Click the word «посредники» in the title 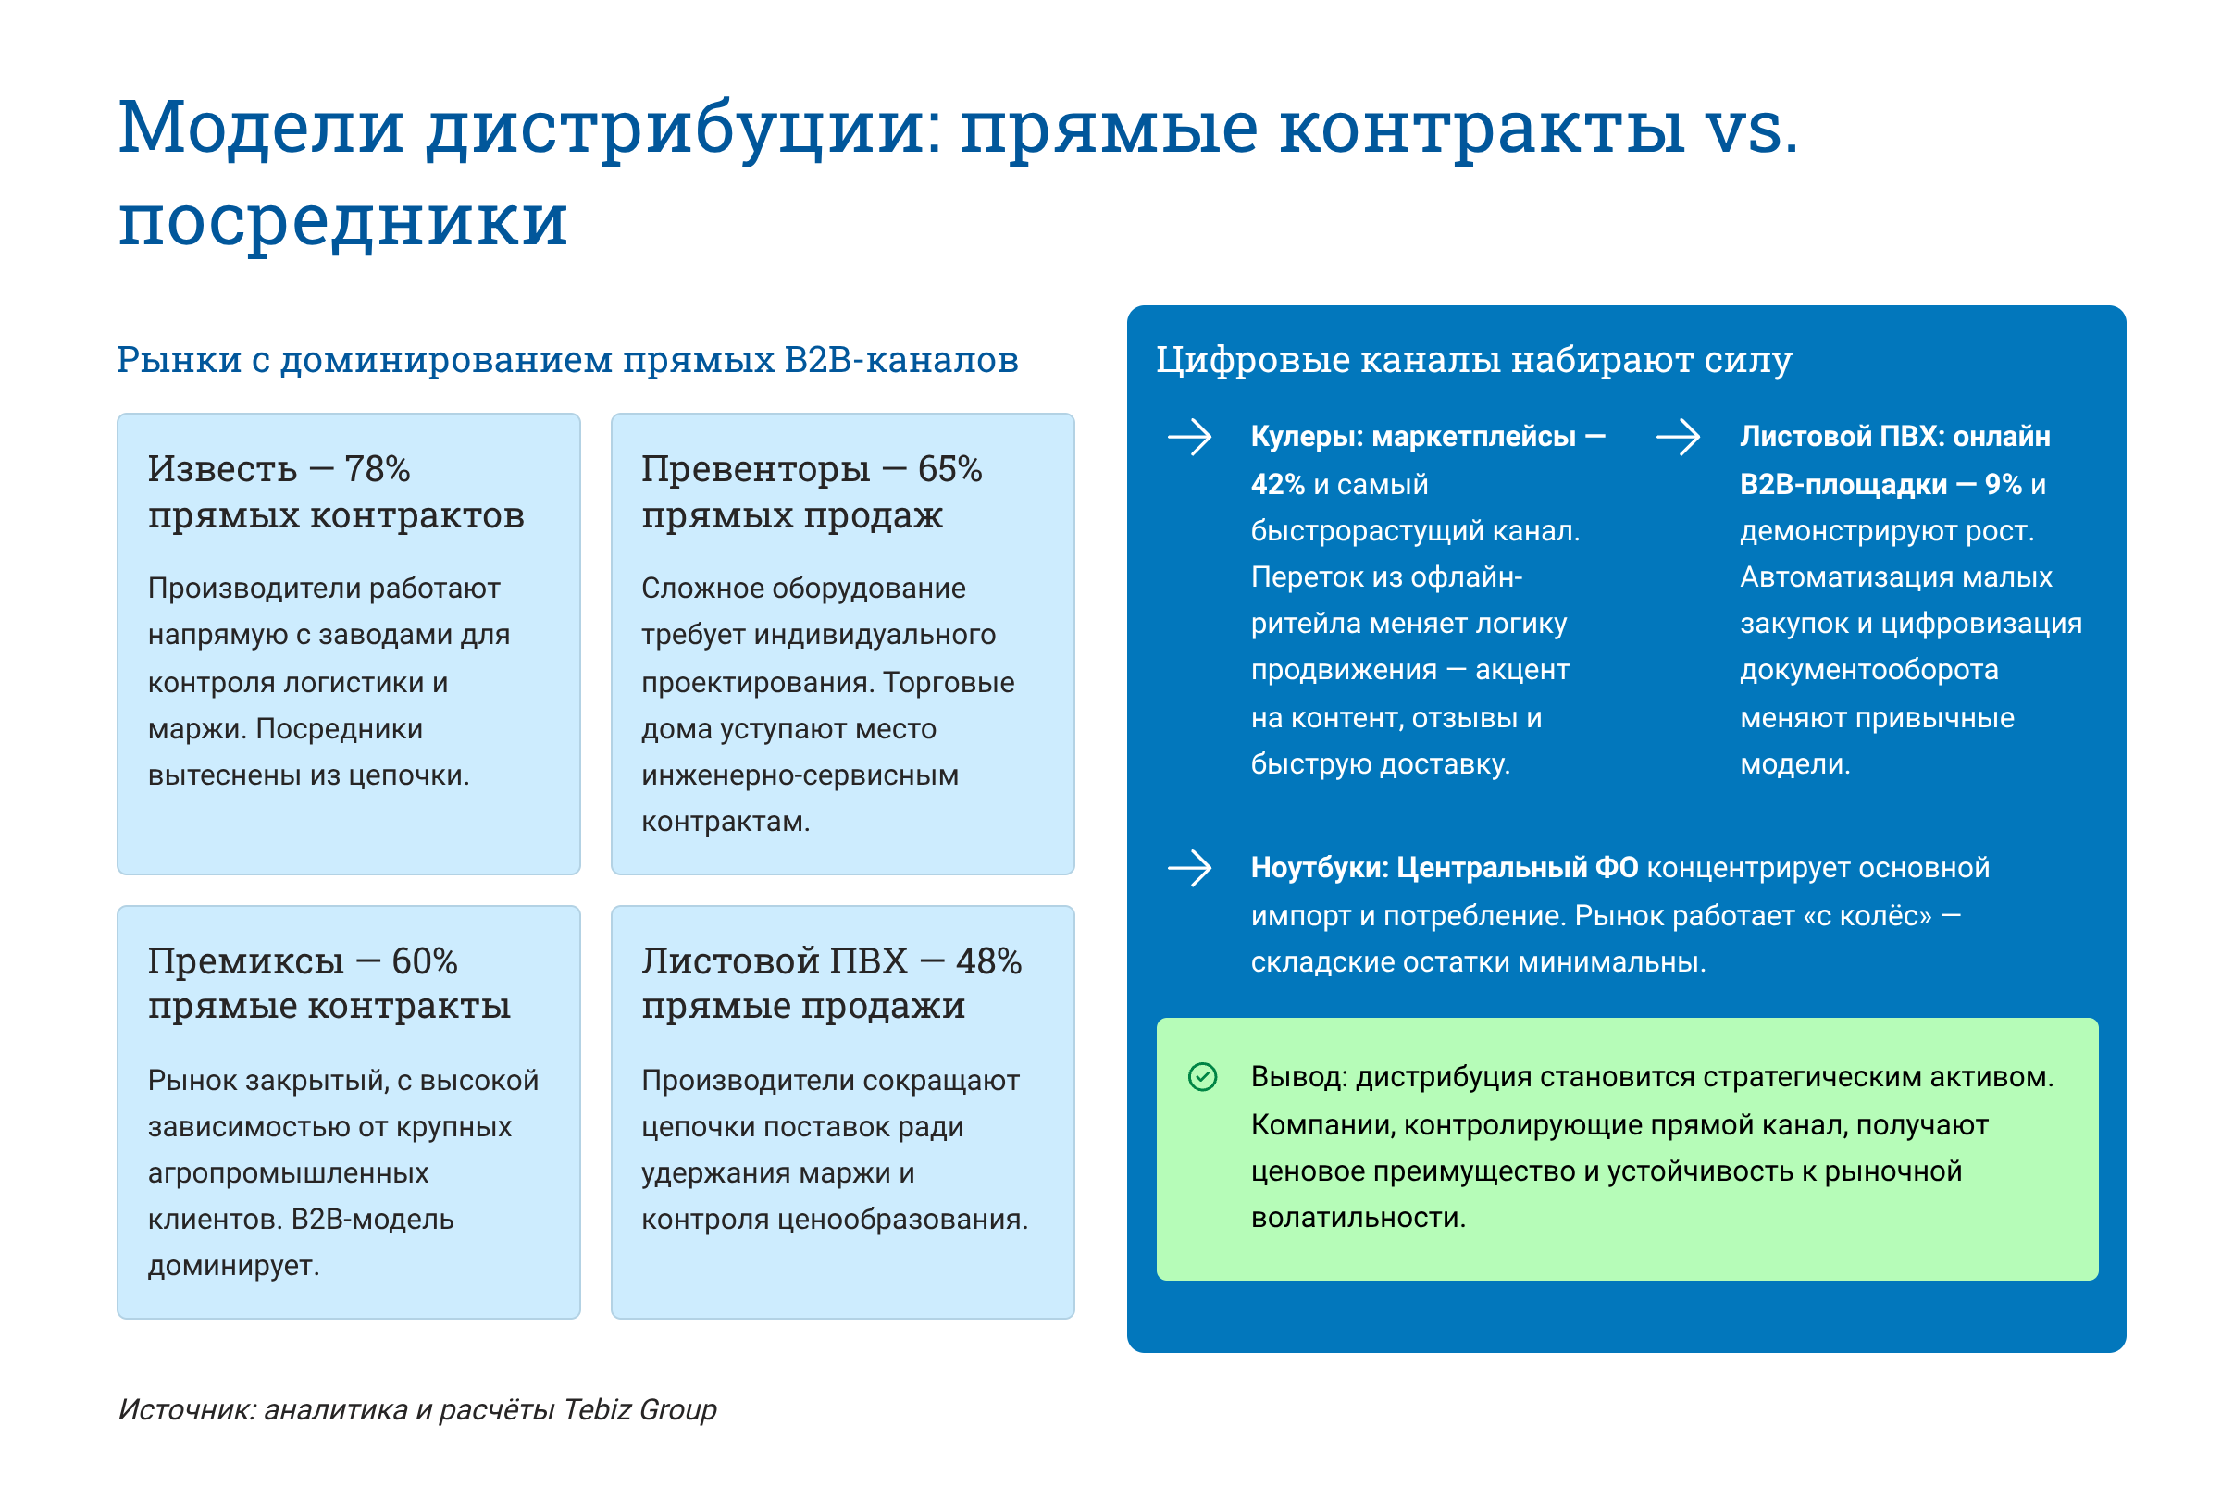coord(342,221)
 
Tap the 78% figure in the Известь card coord(377,469)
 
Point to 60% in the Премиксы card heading coord(425,960)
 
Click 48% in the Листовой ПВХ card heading coord(988,960)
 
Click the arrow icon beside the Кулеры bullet coord(1190,439)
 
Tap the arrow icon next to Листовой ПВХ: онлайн coord(1678,439)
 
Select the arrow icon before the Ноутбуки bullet coord(1190,869)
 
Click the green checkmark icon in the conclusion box coord(1202,1077)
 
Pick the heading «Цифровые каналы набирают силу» coord(1473,360)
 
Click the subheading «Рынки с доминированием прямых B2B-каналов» coord(567,360)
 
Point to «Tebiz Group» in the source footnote coord(639,1409)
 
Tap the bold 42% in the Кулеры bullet coord(1278,485)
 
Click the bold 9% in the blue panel coord(2004,485)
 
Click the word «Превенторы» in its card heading coord(755,469)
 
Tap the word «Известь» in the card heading coord(222,469)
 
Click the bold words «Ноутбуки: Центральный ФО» coord(1444,868)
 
